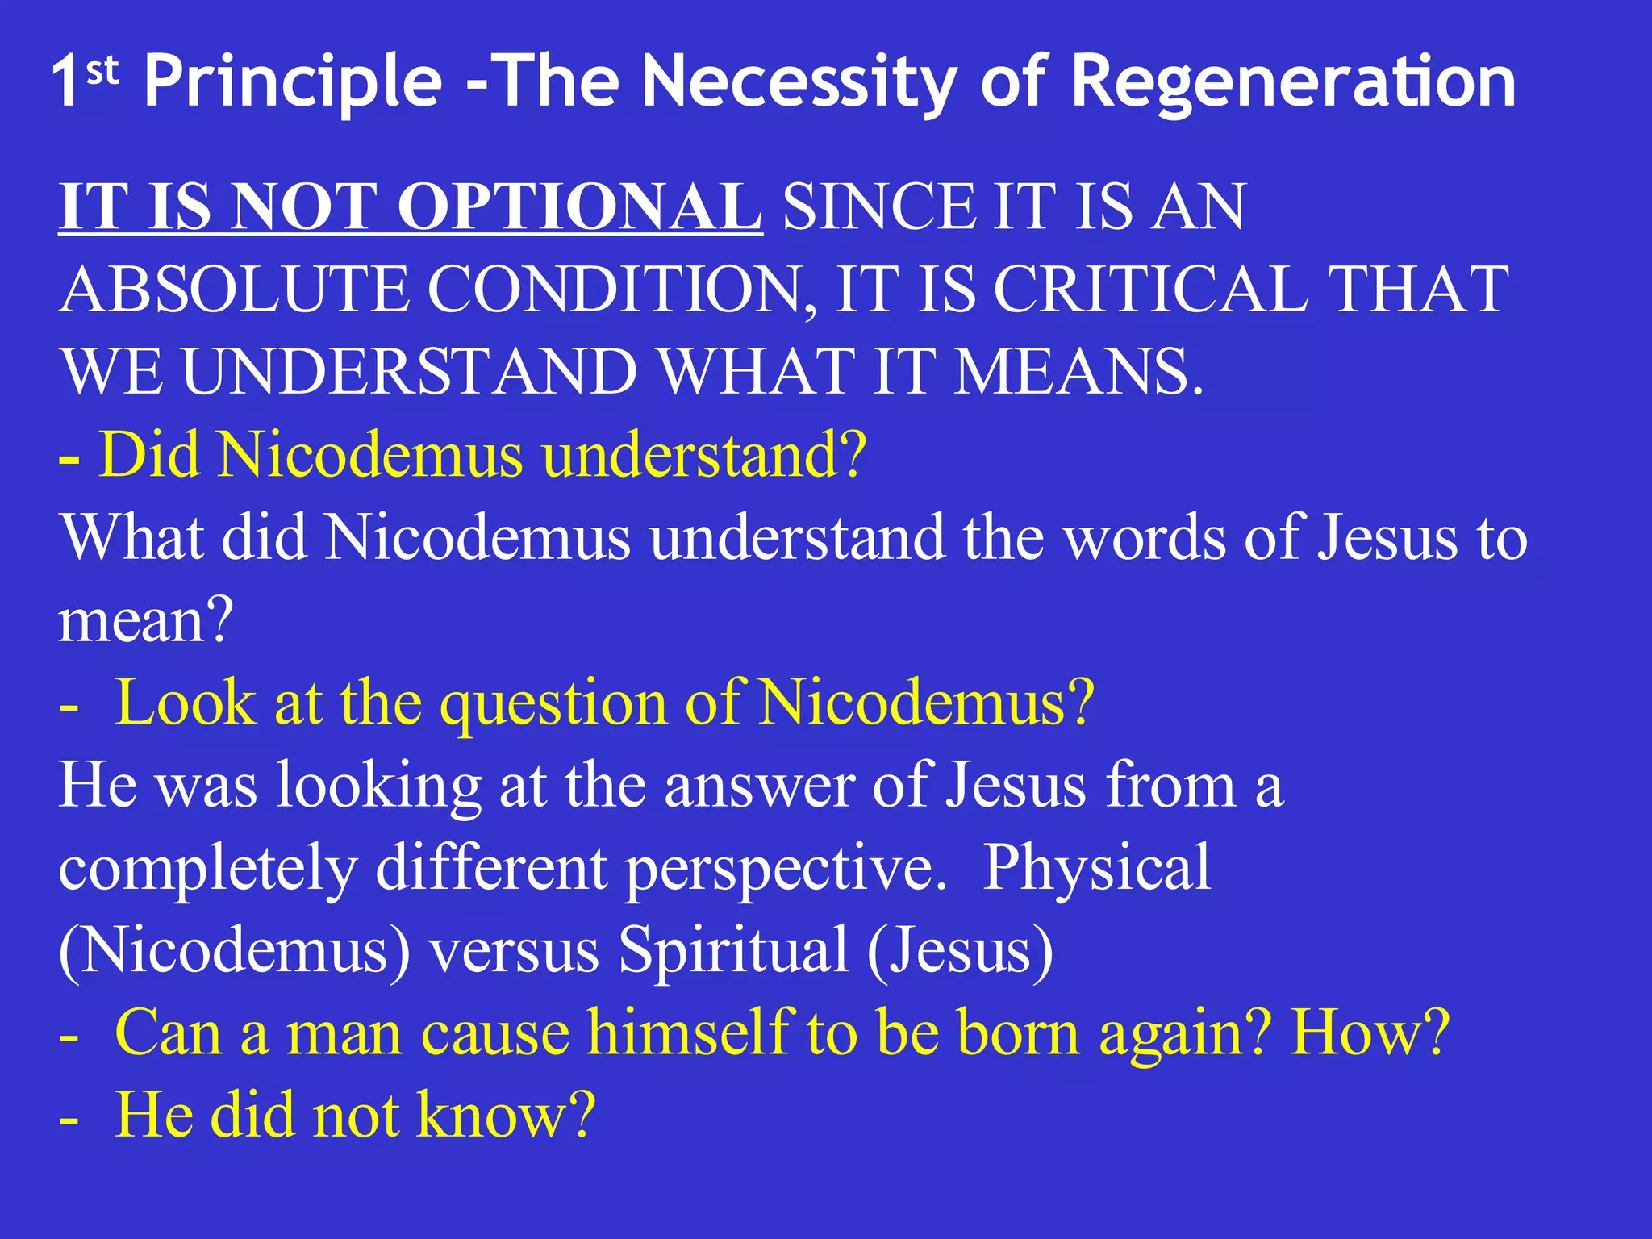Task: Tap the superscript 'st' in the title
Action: [102, 73]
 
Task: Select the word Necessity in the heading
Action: [799, 82]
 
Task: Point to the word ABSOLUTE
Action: [234, 290]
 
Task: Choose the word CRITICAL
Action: [1149, 290]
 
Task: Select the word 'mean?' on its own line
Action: [146, 621]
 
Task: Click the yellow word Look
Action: [186, 703]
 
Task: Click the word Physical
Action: [1096, 868]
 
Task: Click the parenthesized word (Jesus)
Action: [960, 950]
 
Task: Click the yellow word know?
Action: [507, 1115]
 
